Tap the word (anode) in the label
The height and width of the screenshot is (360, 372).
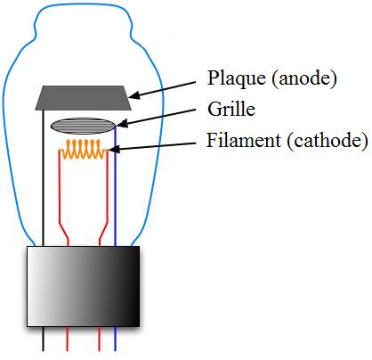(x=304, y=79)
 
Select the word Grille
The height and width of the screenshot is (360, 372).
(x=231, y=109)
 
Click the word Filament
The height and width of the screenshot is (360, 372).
(x=244, y=140)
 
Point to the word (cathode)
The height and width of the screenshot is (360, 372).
(x=328, y=141)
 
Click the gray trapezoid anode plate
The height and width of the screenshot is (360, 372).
(x=84, y=98)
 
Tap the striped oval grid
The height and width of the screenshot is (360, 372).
(x=83, y=126)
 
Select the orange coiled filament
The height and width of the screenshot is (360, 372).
(x=84, y=149)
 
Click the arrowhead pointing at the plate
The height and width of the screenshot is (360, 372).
(x=133, y=95)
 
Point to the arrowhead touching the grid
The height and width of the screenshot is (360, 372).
(x=122, y=123)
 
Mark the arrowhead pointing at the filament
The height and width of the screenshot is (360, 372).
(x=114, y=149)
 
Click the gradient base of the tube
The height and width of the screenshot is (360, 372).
(x=84, y=286)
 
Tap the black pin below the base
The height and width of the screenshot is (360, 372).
(x=44, y=339)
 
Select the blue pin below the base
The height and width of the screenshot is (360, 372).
(x=116, y=339)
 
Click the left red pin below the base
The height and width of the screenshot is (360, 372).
(x=67, y=339)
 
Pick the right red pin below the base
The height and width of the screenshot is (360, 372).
(x=99, y=339)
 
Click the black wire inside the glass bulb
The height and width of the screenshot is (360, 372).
(x=44, y=178)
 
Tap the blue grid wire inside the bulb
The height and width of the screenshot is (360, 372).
(x=116, y=186)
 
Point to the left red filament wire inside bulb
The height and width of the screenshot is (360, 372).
(x=60, y=202)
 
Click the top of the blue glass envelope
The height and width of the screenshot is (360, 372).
(x=83, y=5)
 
